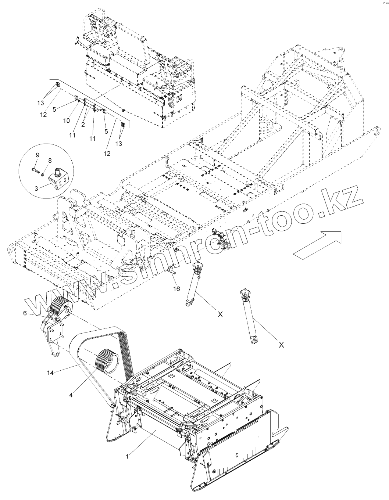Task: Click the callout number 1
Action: [127, 456]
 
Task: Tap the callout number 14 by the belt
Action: [50, 373]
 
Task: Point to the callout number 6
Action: [25, 313]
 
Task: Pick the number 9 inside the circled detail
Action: [37, 155]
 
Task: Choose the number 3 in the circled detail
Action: [37, 188]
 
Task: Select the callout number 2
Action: [83, 125]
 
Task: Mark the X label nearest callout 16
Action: [220, 314]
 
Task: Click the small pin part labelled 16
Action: [172, 272]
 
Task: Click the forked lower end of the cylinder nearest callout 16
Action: [189, 303]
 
